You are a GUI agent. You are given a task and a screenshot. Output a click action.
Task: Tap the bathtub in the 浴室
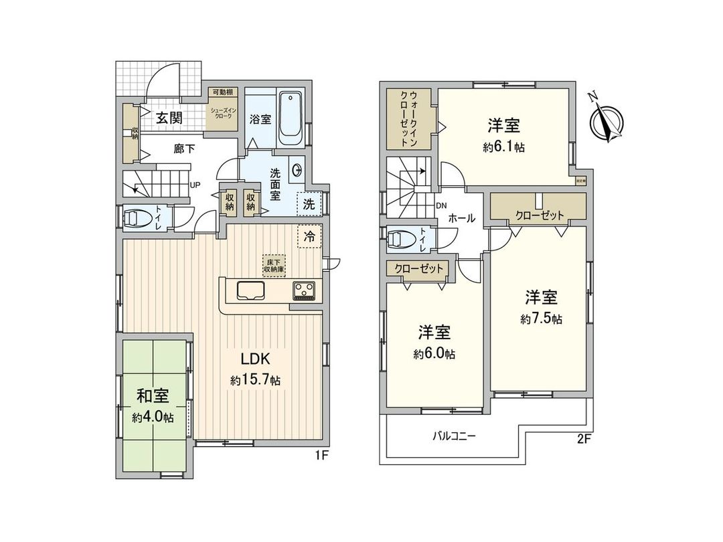[291, 118]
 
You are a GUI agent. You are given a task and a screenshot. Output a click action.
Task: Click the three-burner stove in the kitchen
[305, 290]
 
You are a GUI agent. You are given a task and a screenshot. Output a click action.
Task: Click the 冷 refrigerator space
[309, 236]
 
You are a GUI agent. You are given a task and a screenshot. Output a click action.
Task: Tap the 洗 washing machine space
[309, 205]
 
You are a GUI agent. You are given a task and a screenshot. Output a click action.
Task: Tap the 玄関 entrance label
[169, 118]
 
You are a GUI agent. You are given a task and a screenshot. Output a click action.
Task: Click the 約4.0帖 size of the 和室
[153, 417]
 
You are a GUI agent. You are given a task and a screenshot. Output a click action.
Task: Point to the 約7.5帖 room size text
[541, 319]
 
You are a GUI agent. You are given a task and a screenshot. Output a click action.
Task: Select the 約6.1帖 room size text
[503, 147]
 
